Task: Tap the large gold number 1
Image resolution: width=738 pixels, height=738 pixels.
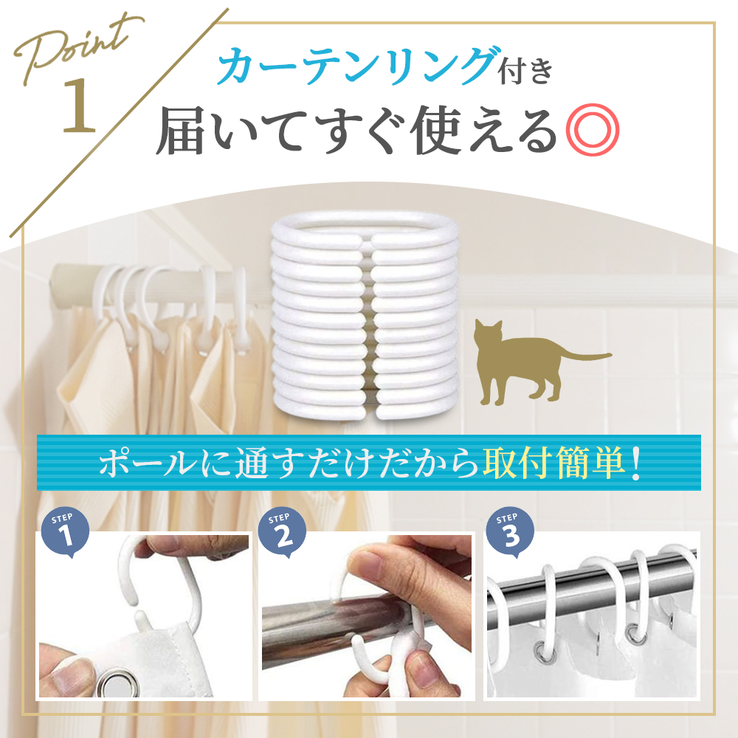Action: (79, 106)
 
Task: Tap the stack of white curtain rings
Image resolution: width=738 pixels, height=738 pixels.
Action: (365, 315)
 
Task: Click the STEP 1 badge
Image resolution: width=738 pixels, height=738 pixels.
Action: (65, 532)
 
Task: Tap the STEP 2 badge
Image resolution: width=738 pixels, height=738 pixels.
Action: (283, 532)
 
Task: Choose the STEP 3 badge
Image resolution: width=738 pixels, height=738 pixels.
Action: (510, 532)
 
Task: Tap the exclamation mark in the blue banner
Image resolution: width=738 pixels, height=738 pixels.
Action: (635, 463)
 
